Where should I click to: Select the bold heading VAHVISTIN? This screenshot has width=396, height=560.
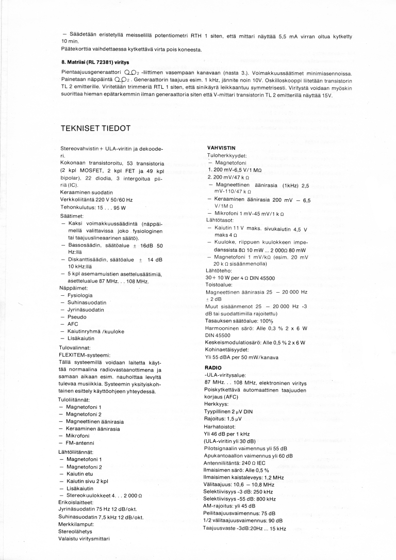pos(221,148)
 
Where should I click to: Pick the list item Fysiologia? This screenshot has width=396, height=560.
pos(79,295)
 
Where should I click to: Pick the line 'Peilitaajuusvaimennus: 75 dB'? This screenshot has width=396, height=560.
pos(240,514)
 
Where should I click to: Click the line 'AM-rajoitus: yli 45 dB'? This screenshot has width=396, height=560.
pos(230,506)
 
